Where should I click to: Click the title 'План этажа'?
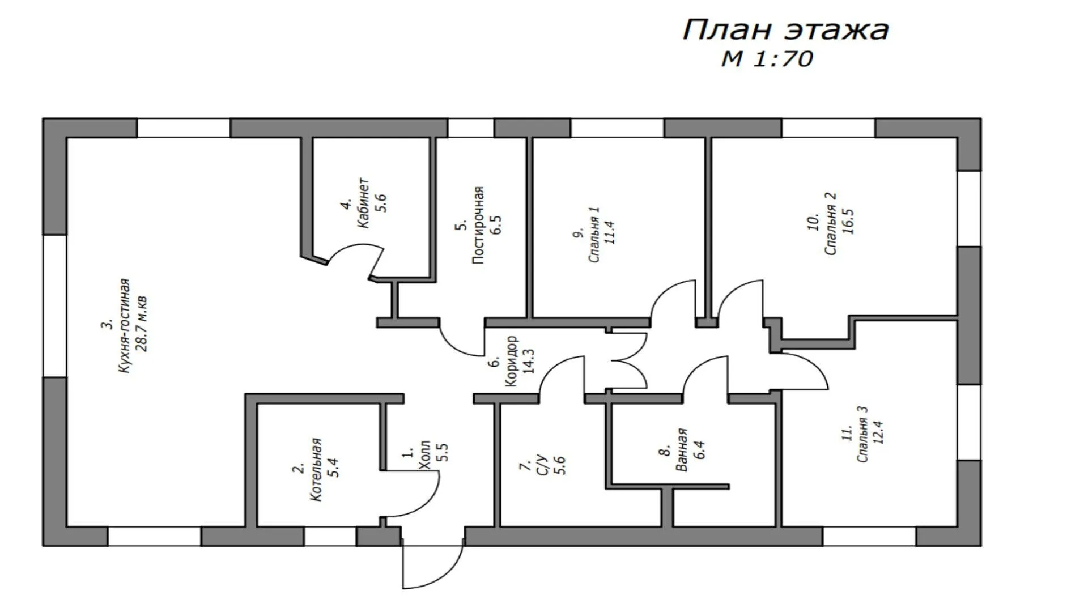785,30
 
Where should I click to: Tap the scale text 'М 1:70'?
767,59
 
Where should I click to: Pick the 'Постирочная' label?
479,225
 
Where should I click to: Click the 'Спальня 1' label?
594,235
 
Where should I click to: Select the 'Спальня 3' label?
862,434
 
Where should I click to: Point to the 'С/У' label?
542,465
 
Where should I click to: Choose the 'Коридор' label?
511,362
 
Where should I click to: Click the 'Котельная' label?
316,470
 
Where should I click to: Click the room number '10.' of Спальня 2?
813,222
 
